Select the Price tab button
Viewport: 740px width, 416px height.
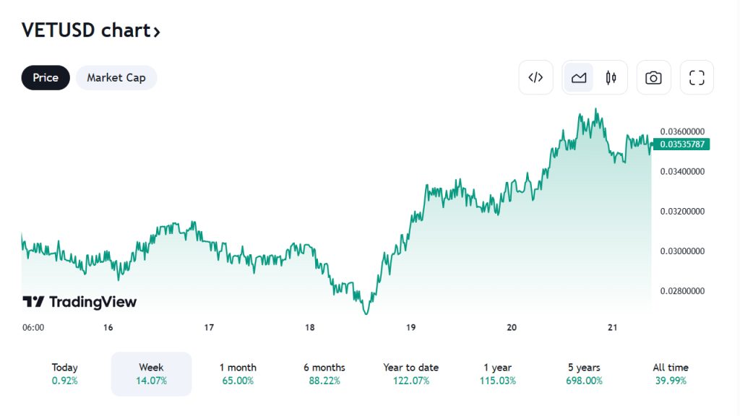46,77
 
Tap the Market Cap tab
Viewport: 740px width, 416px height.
116,77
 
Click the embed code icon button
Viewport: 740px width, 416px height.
535,77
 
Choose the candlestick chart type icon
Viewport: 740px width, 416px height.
611,77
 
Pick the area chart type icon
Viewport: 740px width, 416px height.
579,77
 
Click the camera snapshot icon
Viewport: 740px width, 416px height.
653,77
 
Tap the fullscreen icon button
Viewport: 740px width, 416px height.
697,77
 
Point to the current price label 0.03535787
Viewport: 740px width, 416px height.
682,144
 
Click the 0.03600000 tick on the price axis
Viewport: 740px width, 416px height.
682,131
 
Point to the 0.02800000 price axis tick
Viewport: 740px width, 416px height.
682,291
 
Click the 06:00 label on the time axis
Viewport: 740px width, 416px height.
33,327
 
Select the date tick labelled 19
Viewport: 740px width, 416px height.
410,327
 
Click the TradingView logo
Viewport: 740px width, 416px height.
79,302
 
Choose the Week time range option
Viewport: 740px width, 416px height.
151,373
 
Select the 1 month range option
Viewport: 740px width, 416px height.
238,373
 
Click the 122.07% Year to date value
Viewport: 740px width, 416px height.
410,381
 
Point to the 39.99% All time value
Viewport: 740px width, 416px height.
671,381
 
